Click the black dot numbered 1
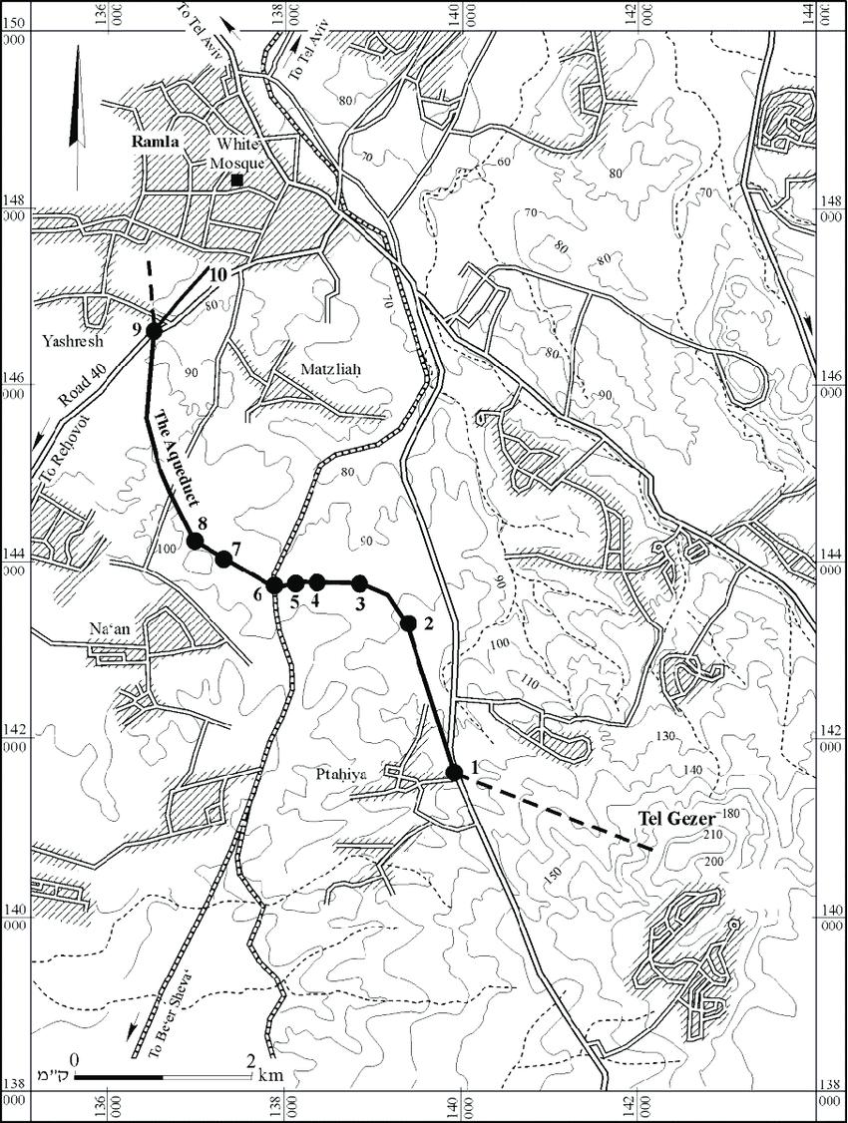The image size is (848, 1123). coord(455,772)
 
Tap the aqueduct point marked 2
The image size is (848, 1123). coord(408,623)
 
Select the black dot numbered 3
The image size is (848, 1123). coord(360,582)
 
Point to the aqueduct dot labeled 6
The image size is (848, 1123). coord(273,584)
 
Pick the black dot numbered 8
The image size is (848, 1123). coord(195,541)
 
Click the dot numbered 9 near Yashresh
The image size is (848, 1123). coord(154,331)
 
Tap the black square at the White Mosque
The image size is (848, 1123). coord(237,181)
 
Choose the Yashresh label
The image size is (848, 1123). coord(69,338)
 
